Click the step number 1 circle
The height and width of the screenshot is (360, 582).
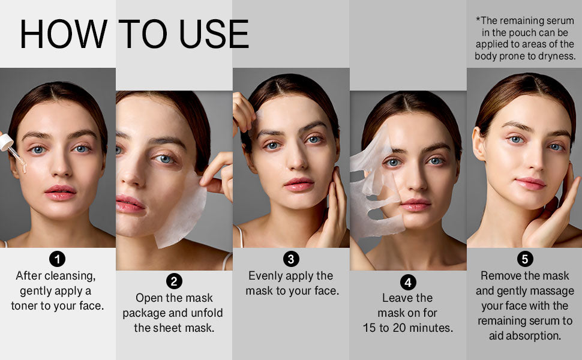[58, 259]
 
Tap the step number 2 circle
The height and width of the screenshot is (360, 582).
[174, 281]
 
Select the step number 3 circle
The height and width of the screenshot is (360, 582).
[291, 259]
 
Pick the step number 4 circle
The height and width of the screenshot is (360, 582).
[407, 281]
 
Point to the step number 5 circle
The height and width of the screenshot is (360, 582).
[524, 259]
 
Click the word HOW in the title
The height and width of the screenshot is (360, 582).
[63, 34]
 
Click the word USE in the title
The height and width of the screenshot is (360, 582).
[214, 34]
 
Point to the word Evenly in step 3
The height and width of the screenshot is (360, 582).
[268, 275]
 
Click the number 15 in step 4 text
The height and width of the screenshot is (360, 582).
[370, 328]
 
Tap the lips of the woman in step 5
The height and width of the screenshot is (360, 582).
[530, 183]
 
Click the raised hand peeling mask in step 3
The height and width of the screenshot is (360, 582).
[245, 114]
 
